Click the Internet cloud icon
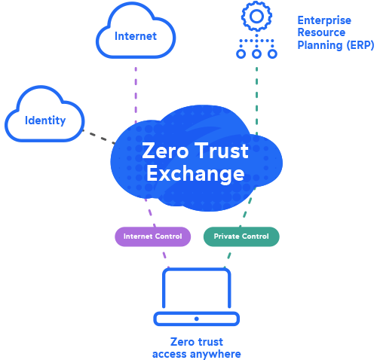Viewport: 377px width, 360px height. click(x=136, y=34)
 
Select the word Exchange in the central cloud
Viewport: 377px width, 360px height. click(x=195, y=174)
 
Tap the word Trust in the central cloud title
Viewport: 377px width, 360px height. click(x=224, y=151)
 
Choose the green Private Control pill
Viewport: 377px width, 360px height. click(x=241, y=236)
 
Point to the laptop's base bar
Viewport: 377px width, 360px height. click(x=197, y=319)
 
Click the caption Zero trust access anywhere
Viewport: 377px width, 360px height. click(x=197, y=347)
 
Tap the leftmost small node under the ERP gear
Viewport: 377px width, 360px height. click(x=241, y=54)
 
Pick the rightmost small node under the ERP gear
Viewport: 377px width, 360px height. click(x=272, y=54)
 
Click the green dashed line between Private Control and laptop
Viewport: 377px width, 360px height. click(x=230, y=255)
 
